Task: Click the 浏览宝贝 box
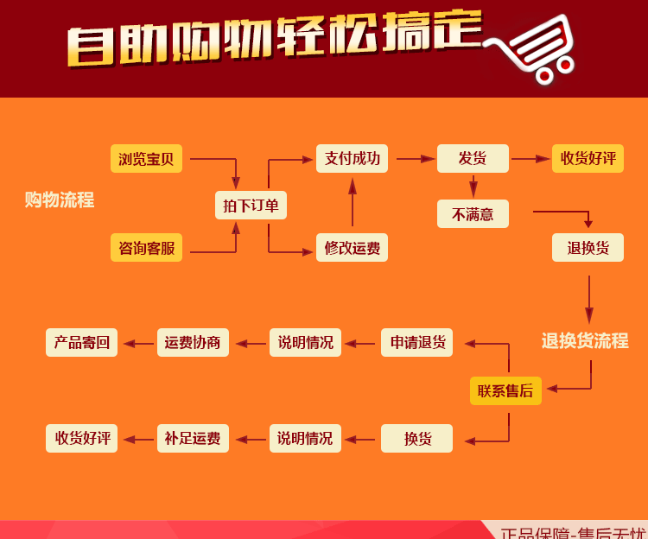coord(146,159)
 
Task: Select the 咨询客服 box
coord(146,248)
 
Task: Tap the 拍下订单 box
coord(251,206)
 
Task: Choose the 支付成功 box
coord(352,158)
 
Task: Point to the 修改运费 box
coord(352,248)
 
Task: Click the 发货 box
coord(472,158)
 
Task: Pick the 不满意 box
coord(472,214)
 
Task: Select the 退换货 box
coord(588,248)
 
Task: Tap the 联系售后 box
coord(505,390)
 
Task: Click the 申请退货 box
coord(417,342)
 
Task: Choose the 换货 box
coord(417,438)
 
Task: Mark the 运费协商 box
coord(193,342)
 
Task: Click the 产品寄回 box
coord(81,342)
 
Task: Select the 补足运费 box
coord(193,438)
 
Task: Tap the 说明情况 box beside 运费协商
coord(305,342)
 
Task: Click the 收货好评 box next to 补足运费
coord(82,438)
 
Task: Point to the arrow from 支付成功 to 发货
coord(415,159)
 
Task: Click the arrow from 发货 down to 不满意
coord(473,186)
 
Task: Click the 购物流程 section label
coord(60,200)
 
